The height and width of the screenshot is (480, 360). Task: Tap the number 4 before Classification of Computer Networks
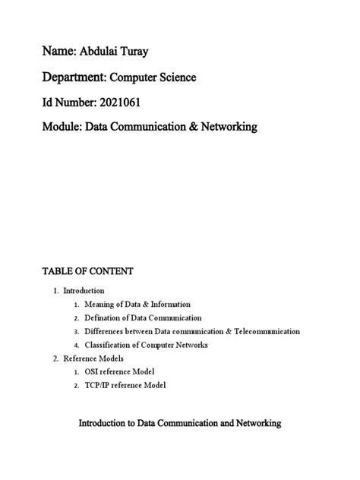click(77, 345)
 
